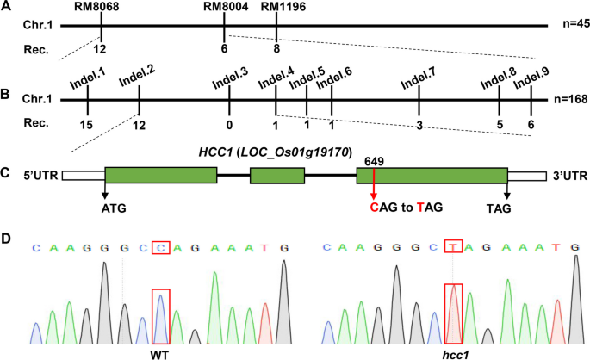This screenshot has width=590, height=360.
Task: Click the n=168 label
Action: [569, 99]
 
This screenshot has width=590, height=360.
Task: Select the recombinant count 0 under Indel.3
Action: [229, 123]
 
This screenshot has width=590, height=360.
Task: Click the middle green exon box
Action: [276, 175]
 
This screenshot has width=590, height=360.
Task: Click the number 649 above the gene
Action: [375, 159]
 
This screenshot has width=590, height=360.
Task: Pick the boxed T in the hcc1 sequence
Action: [453, 248]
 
